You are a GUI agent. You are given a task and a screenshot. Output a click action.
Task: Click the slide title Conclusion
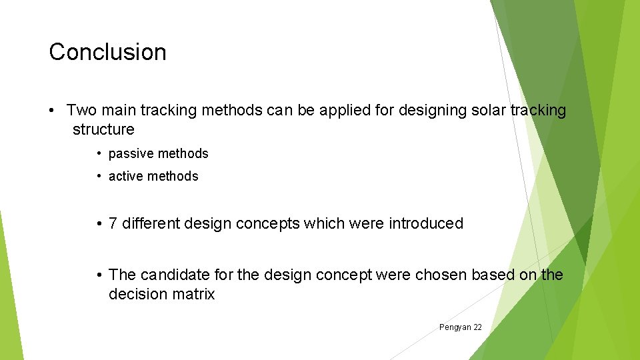coord(107,52)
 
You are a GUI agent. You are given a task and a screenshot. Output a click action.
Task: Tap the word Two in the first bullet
coord(81,110)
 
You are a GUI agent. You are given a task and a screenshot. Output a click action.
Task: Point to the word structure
coord(103,129)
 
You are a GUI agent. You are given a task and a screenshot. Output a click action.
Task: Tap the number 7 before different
coord(113,223)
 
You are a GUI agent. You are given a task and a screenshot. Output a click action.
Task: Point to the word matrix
coord(193,295)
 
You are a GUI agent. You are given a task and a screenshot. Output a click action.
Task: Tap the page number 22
coord(477,327)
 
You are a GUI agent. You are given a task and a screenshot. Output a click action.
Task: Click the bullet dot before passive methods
coord(98,154)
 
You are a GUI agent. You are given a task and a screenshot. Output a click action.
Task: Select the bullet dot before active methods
coord(98,177)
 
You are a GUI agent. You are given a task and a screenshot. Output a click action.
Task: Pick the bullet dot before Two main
coord(52,110)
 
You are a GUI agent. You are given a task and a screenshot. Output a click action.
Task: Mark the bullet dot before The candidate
coord(98,275)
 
